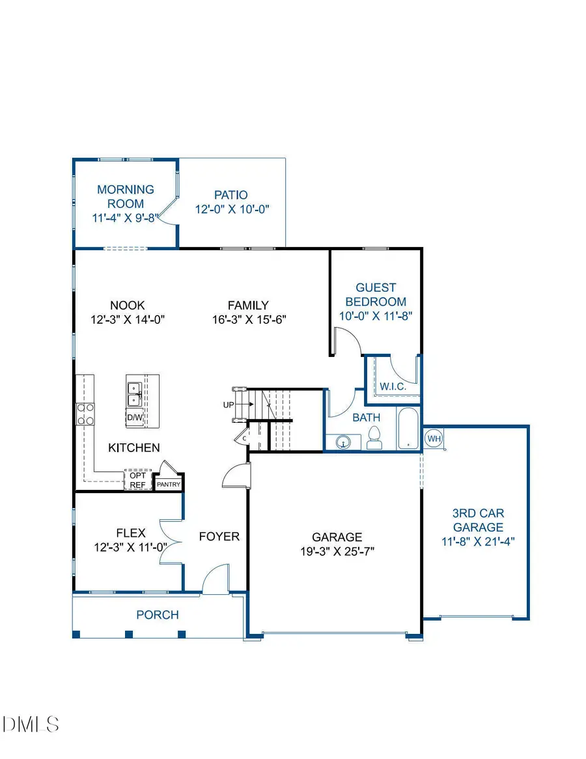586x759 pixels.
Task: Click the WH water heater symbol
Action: click(x=434, y=438)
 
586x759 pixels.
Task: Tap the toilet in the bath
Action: click(x=374, y=438)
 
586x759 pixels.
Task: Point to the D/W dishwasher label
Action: click(x=135, y=417)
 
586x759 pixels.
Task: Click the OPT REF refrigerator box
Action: click(x=137, y=480)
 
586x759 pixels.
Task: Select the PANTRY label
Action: click(x=168, y=484)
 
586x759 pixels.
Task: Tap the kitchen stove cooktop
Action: click(x=86, y=414)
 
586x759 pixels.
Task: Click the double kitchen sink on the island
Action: click(x=135, y=394)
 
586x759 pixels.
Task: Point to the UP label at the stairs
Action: click(x=229, y=405)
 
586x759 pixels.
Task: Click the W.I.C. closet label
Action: click(x=393, y=386)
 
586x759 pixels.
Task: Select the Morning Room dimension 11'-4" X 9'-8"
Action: click(x=126, y=218)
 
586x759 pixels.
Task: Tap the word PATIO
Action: click(x=231, y=195)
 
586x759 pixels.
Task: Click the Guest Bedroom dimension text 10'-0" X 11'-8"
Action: click(x=376, y=316)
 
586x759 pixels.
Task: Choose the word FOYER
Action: click(x=219, y=537)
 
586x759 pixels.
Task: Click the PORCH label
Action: click(x=157, y=614)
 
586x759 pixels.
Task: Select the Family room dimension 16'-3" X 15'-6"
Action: click(x=248, y=319)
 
